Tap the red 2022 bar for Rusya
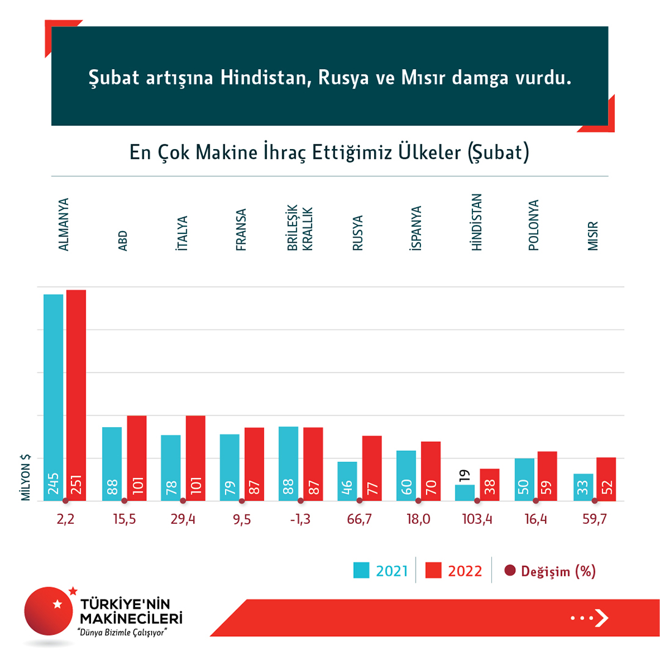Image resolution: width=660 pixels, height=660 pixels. pos(372,468)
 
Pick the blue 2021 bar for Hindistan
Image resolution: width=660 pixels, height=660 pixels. pos(465,493)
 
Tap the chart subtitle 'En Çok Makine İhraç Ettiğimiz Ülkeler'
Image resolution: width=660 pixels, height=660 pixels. pos(329,153)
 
